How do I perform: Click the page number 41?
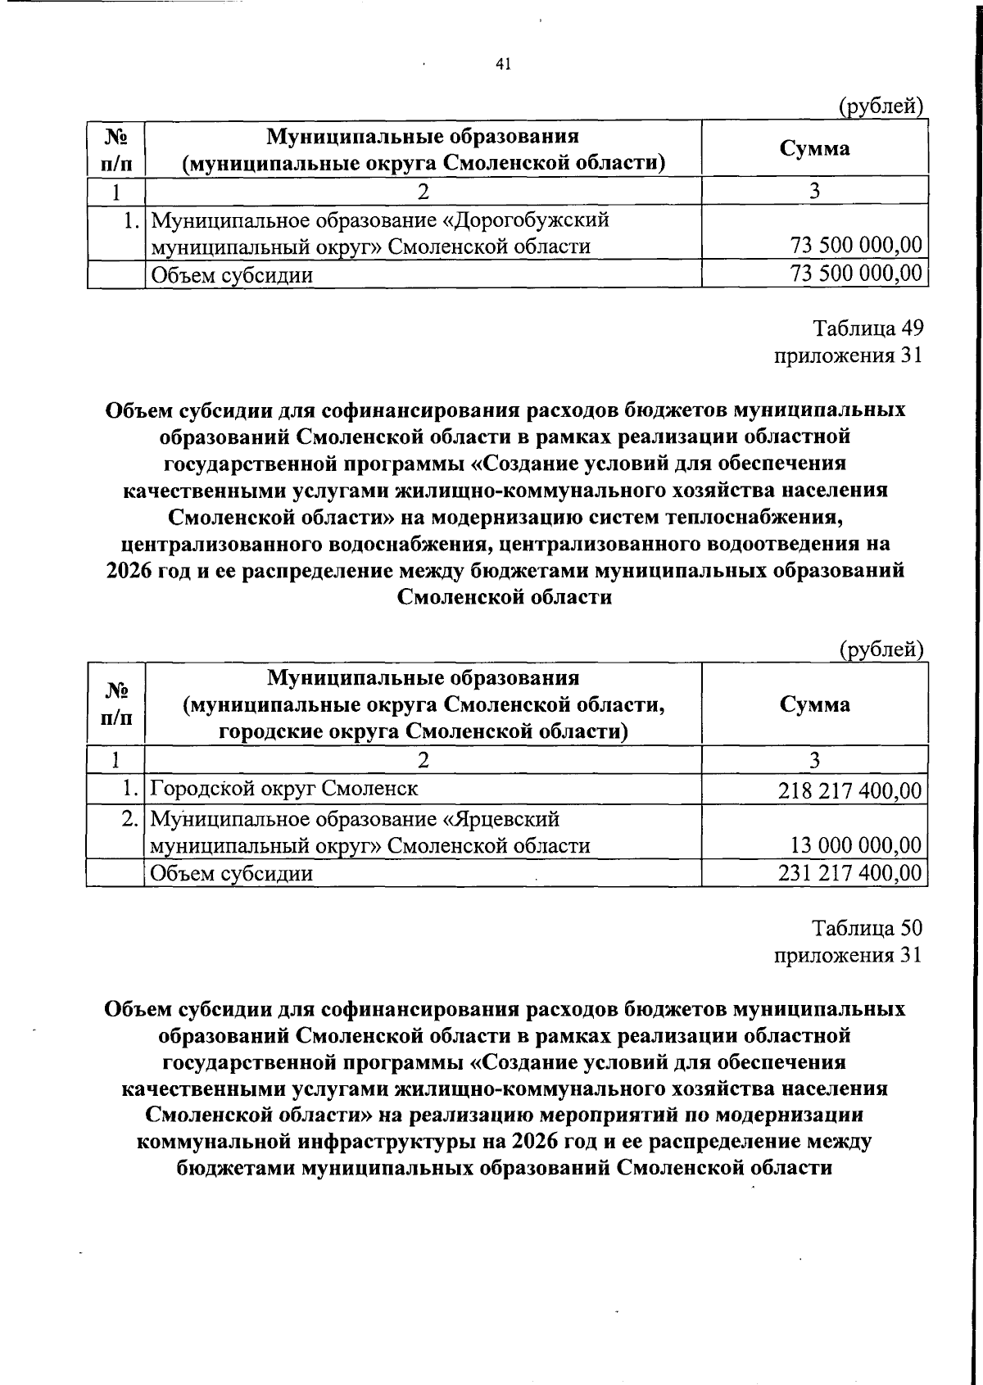pos(503,65)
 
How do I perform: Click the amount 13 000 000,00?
pos(855,845)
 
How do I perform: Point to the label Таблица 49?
pos(867,328)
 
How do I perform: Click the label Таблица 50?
pos(867,928)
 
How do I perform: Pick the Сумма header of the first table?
pos(814,148)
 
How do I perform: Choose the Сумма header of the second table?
pos(814,704)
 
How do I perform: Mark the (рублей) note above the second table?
pos(881,650)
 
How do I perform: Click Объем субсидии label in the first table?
pos(233,275)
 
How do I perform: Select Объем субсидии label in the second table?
pos(233,873)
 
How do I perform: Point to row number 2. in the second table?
pos(129,819)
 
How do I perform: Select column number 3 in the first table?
pos(813,192)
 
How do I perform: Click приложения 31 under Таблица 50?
pos(848,955)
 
